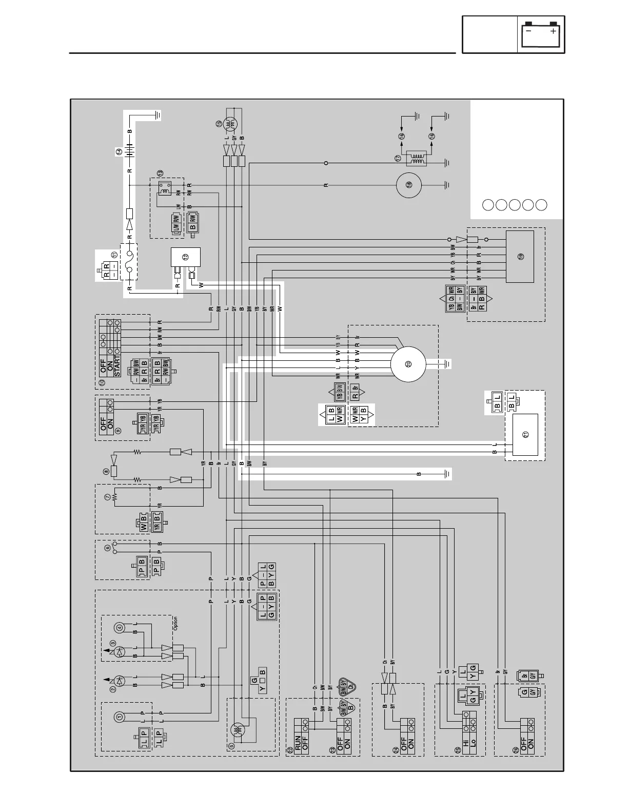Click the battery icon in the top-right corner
point(541,34)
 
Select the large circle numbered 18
point(409,185)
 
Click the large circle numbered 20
point(408,364)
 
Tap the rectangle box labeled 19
point(520,256)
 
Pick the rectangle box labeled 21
point(525,435)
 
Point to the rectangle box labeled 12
point(185,257)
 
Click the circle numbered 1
point(119,717)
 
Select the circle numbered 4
point(120,627)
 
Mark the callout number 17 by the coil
point(398,159)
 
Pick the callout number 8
point(106,471)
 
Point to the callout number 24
point(395,749)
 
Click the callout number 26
point(516,750)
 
